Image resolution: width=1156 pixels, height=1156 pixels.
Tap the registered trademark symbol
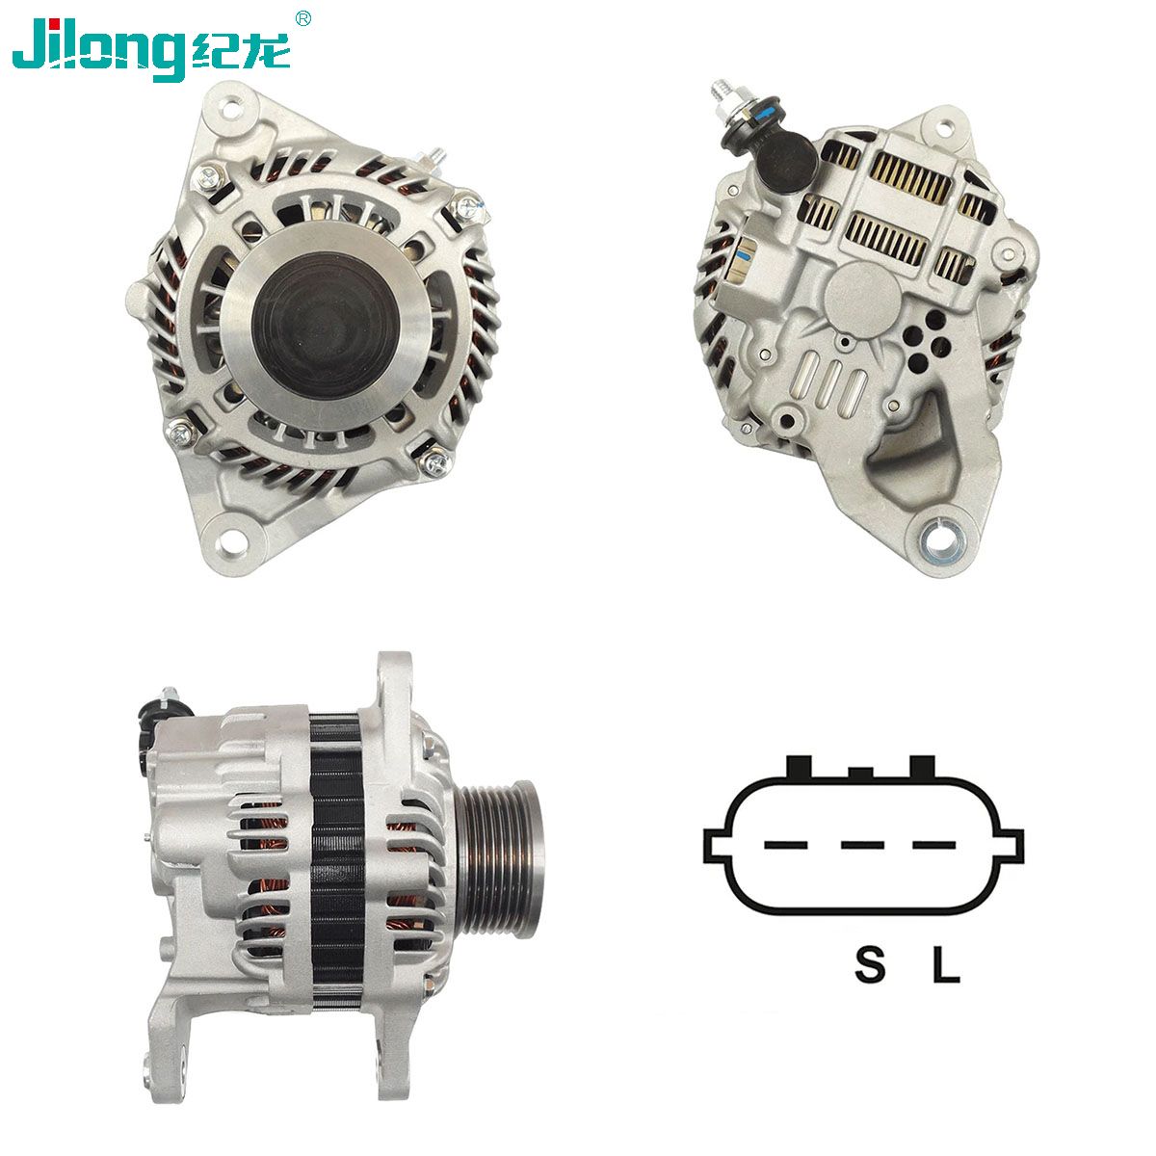(303, 19)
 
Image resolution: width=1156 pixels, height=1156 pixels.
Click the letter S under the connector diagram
(869, 964)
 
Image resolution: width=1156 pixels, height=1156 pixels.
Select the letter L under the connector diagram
(946, 964)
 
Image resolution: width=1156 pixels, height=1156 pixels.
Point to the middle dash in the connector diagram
(862, 846)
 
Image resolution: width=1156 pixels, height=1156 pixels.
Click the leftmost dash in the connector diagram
(786, 846)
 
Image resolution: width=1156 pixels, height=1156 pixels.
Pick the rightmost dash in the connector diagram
(934, 846)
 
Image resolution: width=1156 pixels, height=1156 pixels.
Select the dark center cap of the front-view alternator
(326, 326)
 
